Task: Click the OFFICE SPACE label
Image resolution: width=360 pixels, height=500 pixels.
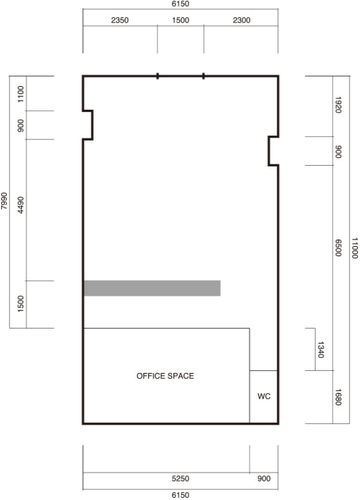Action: (165, 376)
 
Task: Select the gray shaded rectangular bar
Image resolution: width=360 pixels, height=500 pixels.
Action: (152, 288)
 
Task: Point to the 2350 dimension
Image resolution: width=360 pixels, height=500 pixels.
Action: (120, 20)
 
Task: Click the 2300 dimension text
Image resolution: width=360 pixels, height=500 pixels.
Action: (242, 20)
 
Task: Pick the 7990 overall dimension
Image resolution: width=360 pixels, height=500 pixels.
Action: (4, 201)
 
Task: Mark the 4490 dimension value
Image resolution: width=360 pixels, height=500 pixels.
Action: (20, 205)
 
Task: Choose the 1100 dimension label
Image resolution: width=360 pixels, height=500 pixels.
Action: (20, 94)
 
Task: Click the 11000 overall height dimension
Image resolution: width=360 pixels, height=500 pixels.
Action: (355, 248)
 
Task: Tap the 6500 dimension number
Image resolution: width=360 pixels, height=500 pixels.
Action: (338, 248)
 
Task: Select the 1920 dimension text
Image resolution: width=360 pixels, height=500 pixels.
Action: (338, 105)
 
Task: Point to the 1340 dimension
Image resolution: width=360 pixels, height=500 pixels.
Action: (321, 350)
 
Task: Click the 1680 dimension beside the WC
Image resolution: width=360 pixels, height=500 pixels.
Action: (338, 397)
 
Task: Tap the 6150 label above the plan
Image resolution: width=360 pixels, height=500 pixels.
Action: (181, 4)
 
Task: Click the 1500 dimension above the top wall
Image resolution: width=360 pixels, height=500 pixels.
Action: (181, 20)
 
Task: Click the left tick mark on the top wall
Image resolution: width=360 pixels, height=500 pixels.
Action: (158, 76)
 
